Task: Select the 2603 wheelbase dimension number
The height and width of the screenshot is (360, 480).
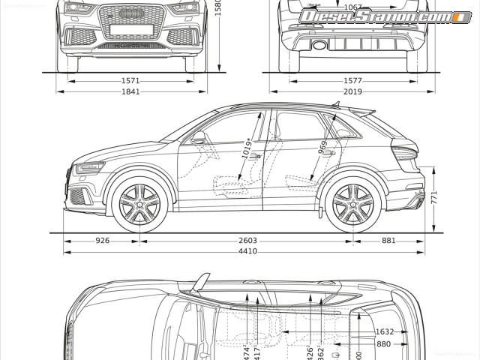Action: coord(247,241)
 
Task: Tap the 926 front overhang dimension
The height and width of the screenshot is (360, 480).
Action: coord(103,241)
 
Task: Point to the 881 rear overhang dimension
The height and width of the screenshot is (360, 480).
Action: coord(388,241)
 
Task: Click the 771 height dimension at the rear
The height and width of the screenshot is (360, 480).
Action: coord(433,196)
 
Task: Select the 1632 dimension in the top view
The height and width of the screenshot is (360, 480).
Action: coord(385,331)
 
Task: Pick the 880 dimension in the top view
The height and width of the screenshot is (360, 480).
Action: coord(383,343)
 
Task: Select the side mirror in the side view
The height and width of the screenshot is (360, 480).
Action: coord(199,138)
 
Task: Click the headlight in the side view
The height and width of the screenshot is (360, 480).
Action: coord(89,167)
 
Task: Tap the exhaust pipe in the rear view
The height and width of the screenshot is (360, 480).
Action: coord(319,46)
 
